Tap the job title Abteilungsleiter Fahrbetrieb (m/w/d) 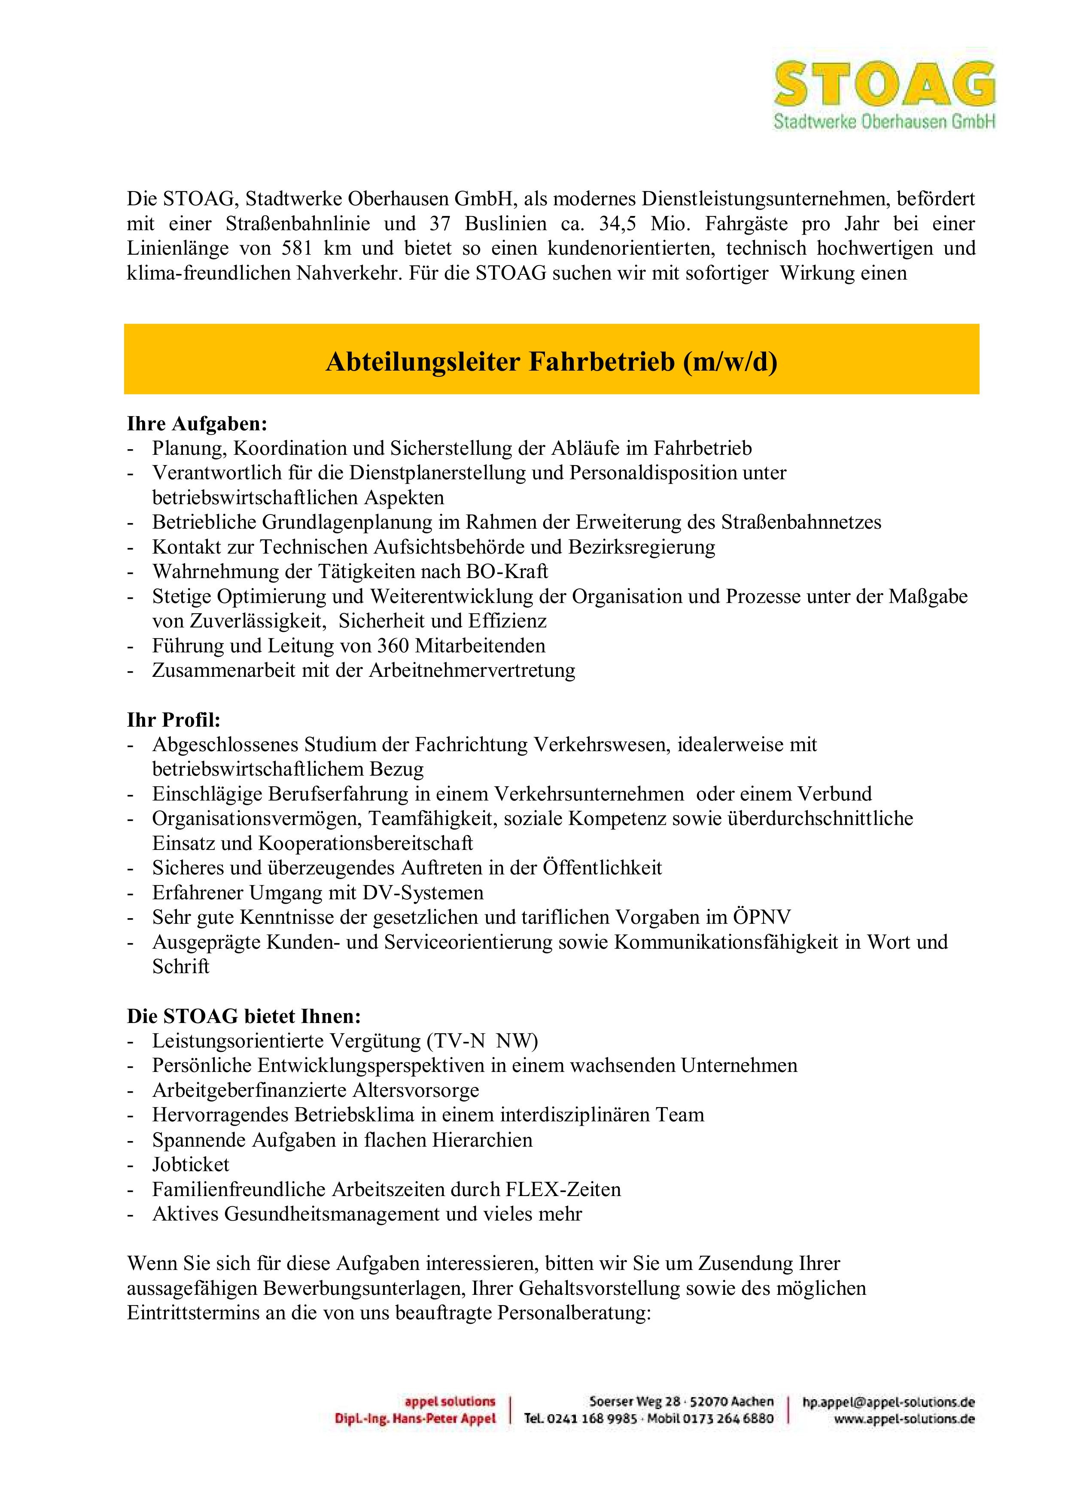(551, 362)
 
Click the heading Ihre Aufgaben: (197, 424)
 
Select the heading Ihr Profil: (173, 720)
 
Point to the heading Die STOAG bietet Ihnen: (243, 1016)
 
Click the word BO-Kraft (507, 572)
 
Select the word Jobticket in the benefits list (191, 1164)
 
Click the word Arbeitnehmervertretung (472, 671)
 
